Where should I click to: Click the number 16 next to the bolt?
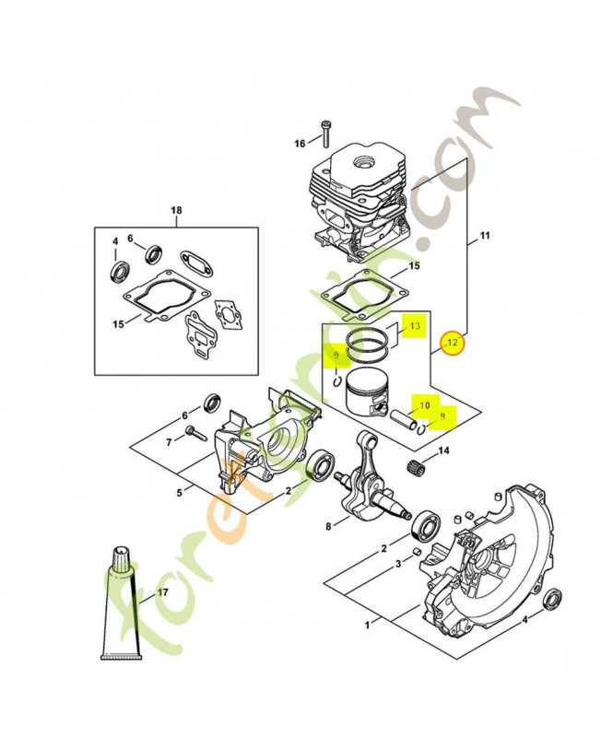pyautogui.click(x=300, y=143)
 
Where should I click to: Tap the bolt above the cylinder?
pyautogui.click(x=325, y=133)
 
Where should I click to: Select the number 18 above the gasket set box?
pyautogui.click(x=176, y=211)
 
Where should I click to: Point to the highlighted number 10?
pyautogui.click(x=425, y=404)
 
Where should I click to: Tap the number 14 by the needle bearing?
pyautogui.click(x=443, y=450)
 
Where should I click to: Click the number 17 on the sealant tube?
pyautogui.click(x=164, y=593)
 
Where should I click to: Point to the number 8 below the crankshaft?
pyautogui.click(x=328, y=526)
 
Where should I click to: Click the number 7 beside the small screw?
pyautogui.click(x=169, y=442)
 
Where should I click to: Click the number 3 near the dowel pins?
pyautogui.click(x=396, y=563)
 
